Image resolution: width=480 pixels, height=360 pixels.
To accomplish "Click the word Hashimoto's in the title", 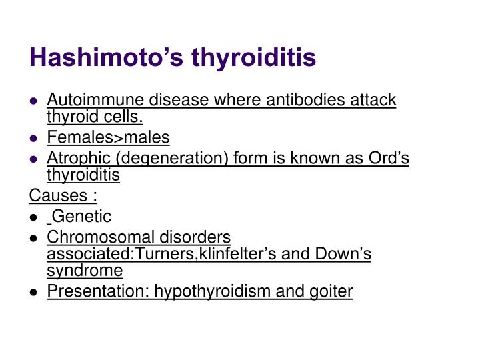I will (x=107, y=59).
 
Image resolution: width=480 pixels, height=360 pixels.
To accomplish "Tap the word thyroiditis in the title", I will (x=254, y=59).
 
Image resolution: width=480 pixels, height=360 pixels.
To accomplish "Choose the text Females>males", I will (x=108, y=137).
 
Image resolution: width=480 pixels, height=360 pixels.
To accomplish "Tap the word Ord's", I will (x=389, y=158).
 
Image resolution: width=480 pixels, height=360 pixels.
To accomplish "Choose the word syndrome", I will (x=85, y=271).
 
